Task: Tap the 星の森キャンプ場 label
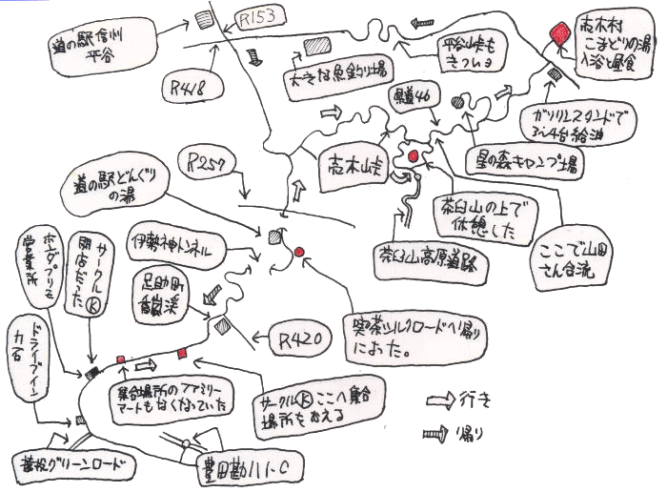(523, 159)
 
